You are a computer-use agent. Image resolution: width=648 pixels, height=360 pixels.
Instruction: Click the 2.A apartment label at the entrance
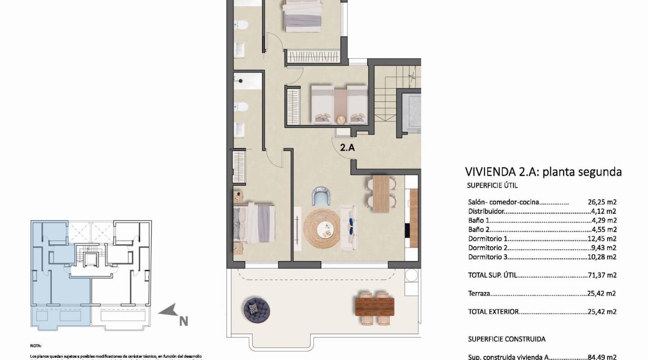347,148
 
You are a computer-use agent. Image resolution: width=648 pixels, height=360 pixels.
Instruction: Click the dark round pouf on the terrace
256,308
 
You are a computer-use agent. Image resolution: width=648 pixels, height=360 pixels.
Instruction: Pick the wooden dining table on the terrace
374,307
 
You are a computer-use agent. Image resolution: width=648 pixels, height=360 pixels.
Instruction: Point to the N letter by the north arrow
183,321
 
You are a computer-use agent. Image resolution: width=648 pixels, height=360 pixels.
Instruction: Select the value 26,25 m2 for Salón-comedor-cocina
602,202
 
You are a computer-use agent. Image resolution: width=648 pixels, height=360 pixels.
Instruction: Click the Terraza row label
479,293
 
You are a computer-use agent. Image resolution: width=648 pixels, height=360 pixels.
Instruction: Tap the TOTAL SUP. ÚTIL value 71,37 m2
602,275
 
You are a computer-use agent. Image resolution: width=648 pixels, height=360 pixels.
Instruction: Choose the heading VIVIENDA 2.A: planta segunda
543,171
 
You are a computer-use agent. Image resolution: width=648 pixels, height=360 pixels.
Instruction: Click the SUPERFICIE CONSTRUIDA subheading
507,339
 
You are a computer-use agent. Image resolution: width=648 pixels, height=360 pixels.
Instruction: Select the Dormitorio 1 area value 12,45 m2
602,239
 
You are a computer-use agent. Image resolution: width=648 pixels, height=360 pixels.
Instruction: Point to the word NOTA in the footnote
36,346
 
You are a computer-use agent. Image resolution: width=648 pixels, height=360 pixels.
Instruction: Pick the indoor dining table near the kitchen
381,193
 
